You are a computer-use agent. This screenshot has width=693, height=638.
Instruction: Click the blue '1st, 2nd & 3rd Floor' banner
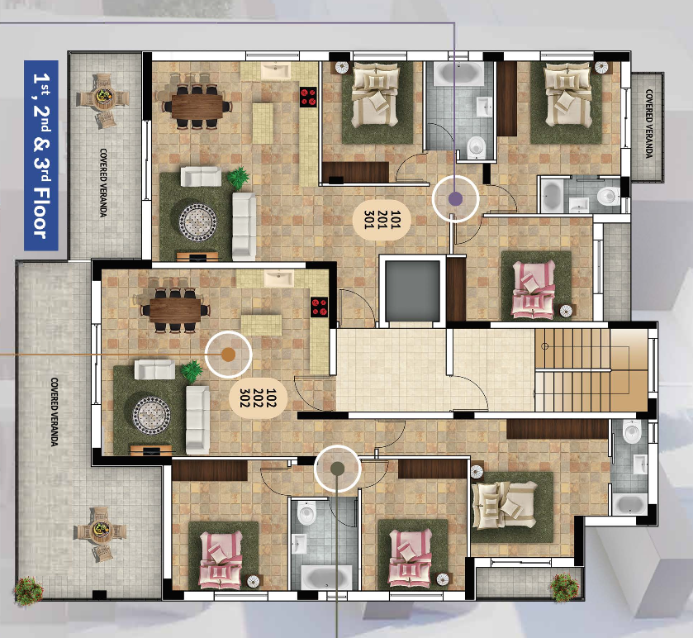[41, 155]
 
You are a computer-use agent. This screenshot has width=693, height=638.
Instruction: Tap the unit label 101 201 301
[382, 220]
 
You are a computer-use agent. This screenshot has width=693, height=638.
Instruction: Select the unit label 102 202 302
[258, 398]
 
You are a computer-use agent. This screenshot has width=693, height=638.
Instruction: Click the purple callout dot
[456, 199]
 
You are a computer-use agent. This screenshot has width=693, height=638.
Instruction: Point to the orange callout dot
[228, 355]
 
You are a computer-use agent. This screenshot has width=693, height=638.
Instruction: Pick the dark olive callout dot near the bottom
[337, 469]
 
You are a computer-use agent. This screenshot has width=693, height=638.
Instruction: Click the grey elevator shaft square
[413, 292]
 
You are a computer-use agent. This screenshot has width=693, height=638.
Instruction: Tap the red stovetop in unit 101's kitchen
[308, 98]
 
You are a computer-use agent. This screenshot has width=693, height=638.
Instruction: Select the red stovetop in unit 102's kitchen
[319, 307]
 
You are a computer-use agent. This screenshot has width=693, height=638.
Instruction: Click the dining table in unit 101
[197, 107]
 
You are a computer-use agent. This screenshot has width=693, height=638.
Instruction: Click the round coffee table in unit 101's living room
[197, 222]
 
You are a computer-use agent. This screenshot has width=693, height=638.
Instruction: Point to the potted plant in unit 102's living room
[192, 371]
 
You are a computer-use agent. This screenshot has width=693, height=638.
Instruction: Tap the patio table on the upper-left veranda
[102, 100]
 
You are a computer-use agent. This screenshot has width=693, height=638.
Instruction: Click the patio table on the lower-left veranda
[100, 532]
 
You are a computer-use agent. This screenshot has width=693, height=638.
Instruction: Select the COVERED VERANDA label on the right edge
[648, 124]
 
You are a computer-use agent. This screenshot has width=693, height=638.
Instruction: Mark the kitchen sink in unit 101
[276, 71]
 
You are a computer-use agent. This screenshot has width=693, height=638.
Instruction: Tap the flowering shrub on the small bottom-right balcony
[564, 588]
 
